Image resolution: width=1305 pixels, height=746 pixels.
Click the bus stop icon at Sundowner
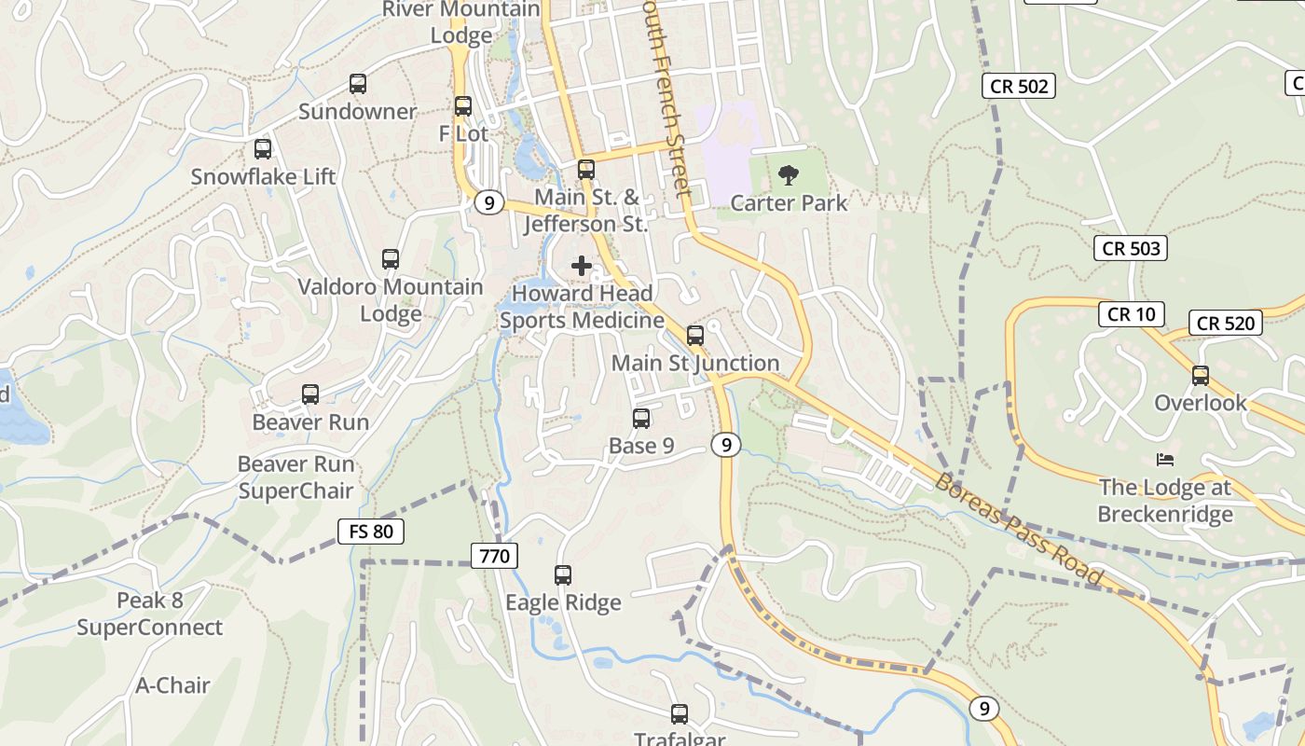point(358,84)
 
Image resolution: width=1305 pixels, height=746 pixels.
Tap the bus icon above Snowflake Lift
point(263,149)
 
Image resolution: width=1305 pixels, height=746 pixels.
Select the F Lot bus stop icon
point(463,106)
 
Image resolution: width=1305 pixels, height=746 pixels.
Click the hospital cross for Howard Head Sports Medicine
point(582,266)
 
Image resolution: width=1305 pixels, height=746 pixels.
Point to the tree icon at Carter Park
point(789,174)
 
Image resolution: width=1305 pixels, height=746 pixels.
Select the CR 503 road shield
point(1131,248)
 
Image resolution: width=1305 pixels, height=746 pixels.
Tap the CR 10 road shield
point(1131,314)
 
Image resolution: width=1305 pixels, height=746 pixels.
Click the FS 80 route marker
point(371,532)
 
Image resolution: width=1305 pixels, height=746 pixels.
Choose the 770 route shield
point(494,557)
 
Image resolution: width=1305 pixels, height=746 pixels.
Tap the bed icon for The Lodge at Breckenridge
point(1165,459)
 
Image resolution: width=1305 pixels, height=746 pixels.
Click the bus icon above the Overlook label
point(1201,376)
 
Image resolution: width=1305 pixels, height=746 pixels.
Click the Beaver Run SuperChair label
point(295,477)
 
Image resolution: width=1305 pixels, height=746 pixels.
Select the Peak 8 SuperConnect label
point(149,614)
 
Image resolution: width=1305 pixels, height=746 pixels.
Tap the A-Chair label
point(173,685)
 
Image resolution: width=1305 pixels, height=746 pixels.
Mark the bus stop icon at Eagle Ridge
point(563,575)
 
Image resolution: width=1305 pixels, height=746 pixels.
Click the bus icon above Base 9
point(641,419)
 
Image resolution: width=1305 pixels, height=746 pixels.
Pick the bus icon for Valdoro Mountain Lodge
point(391,259)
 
